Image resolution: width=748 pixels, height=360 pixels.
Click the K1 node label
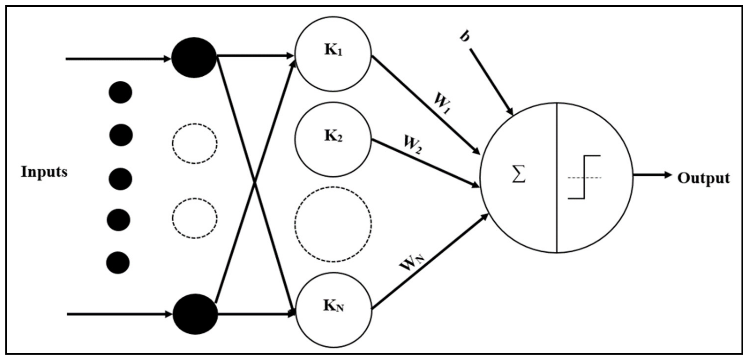coord(333,50)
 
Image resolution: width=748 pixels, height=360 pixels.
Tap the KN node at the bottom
coord(333,309)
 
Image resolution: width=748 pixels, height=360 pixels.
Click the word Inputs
coord(44,172)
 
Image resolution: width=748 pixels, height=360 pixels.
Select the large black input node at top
coord(194,57)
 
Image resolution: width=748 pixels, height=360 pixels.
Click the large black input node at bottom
coord(195,314)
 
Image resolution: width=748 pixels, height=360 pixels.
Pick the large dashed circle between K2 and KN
coord(333,224)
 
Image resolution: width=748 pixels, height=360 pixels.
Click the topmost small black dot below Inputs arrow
coord(120,92)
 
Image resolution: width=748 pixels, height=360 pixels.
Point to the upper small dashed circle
coord(194,144)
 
